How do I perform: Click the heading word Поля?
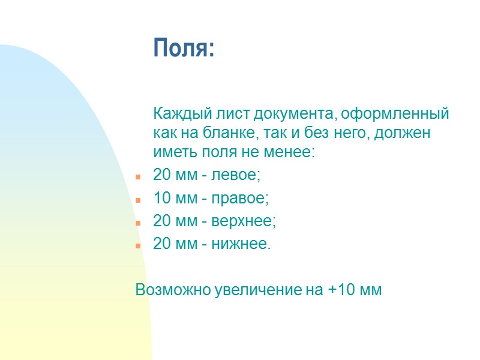click(184, 47)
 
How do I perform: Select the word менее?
click(290, 152)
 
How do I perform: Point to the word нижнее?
click(244, 244)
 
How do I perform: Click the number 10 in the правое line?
click(162, 198)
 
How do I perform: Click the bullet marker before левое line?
click(138, 178)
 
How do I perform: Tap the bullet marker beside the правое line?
click(138, 200)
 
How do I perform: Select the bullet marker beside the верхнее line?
click(138, 223)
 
